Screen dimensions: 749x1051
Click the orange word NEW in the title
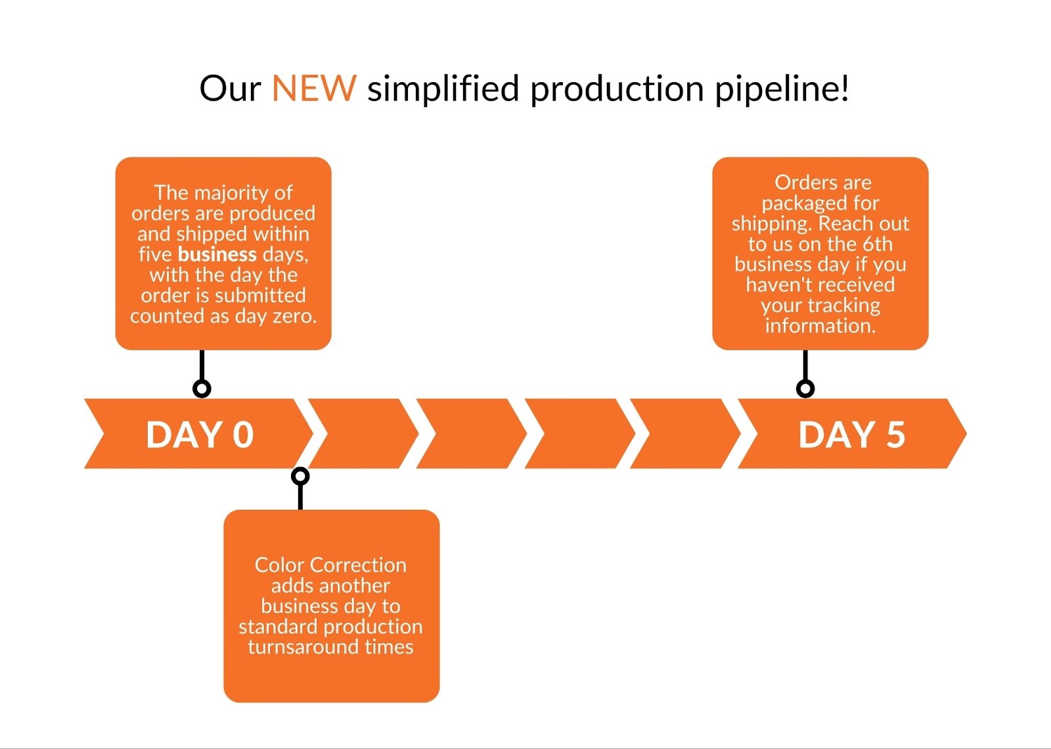click(314, 89)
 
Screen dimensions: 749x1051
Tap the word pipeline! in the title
click(782, 89)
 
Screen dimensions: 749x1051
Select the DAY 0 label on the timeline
click(200, 435)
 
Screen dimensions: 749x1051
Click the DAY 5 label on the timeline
click(851, 435)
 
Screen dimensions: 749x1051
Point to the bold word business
click(217, 254)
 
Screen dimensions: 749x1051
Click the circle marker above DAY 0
click(202, 388)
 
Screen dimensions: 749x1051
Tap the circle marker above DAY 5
click(805, 388)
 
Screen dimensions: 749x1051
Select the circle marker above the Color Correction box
click(300, 476)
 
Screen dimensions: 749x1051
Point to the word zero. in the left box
click(294, 316)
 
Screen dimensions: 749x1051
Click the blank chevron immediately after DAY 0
click(363, 434)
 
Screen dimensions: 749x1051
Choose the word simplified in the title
click(443, 89)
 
